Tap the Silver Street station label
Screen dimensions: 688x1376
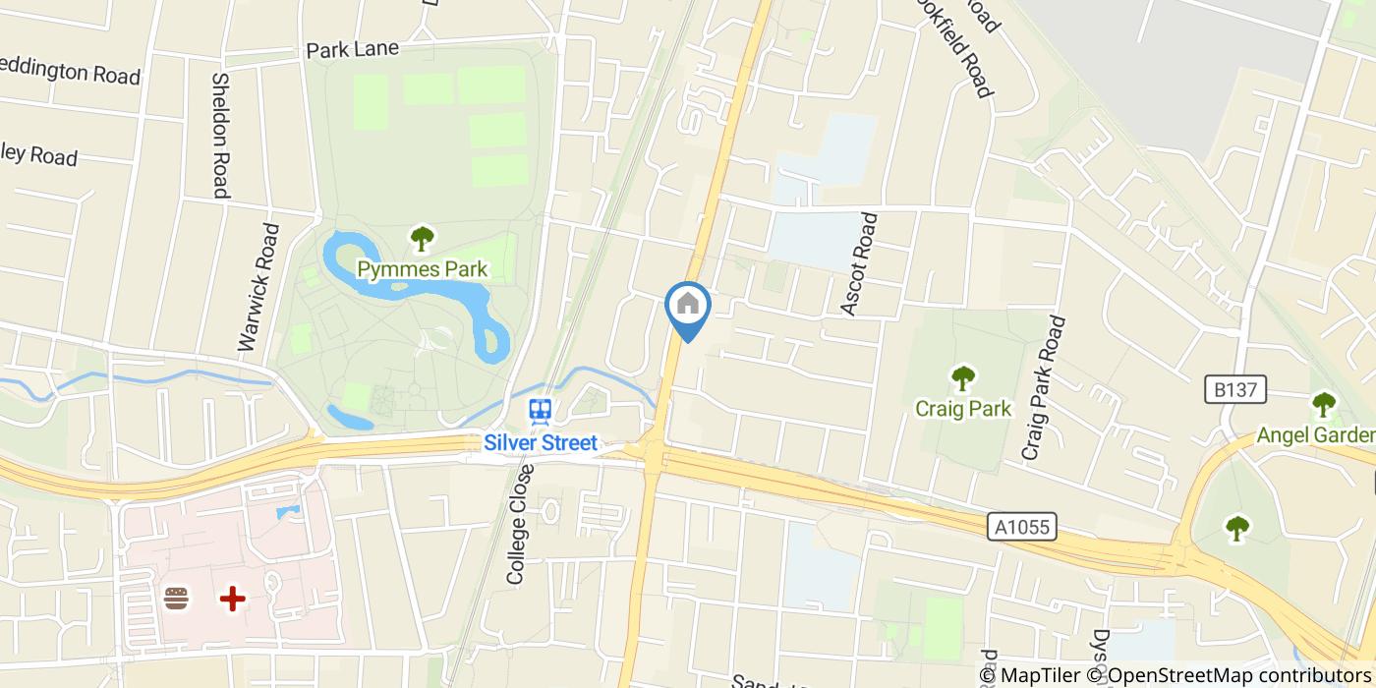pyautogui.click(x=540, y=443)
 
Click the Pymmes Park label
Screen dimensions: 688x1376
pyautogui.click(x=422, y=269)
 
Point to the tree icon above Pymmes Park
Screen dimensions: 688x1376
pyautogui.click(x=423, y=238)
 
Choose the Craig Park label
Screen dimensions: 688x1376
pyautogui.click(x=962, y=408)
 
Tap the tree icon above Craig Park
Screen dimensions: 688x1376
pyautogui.click(x=963, y=377)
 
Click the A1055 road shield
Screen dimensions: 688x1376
pyautogui.click(x=1022, y=528)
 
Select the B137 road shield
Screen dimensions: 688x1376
pyautogui.click(x=1235, y=390)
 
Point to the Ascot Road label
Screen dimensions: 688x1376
pyautogui.click(x=859, y=263)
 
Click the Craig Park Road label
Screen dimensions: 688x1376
pyautogui.click(x=1043, y=388)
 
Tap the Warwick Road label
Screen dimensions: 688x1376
pyautogui.click(x=258, y=287)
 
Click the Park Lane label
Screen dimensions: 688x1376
pyautogui.click(x=352, y=48)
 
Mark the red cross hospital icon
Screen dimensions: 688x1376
pyautogui.click(x=232, y=599)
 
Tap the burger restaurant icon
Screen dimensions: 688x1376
pyautogui.click(x=177, y=599)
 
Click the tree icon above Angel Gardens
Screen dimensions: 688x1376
pyautogui.click(x=1324, y=404)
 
